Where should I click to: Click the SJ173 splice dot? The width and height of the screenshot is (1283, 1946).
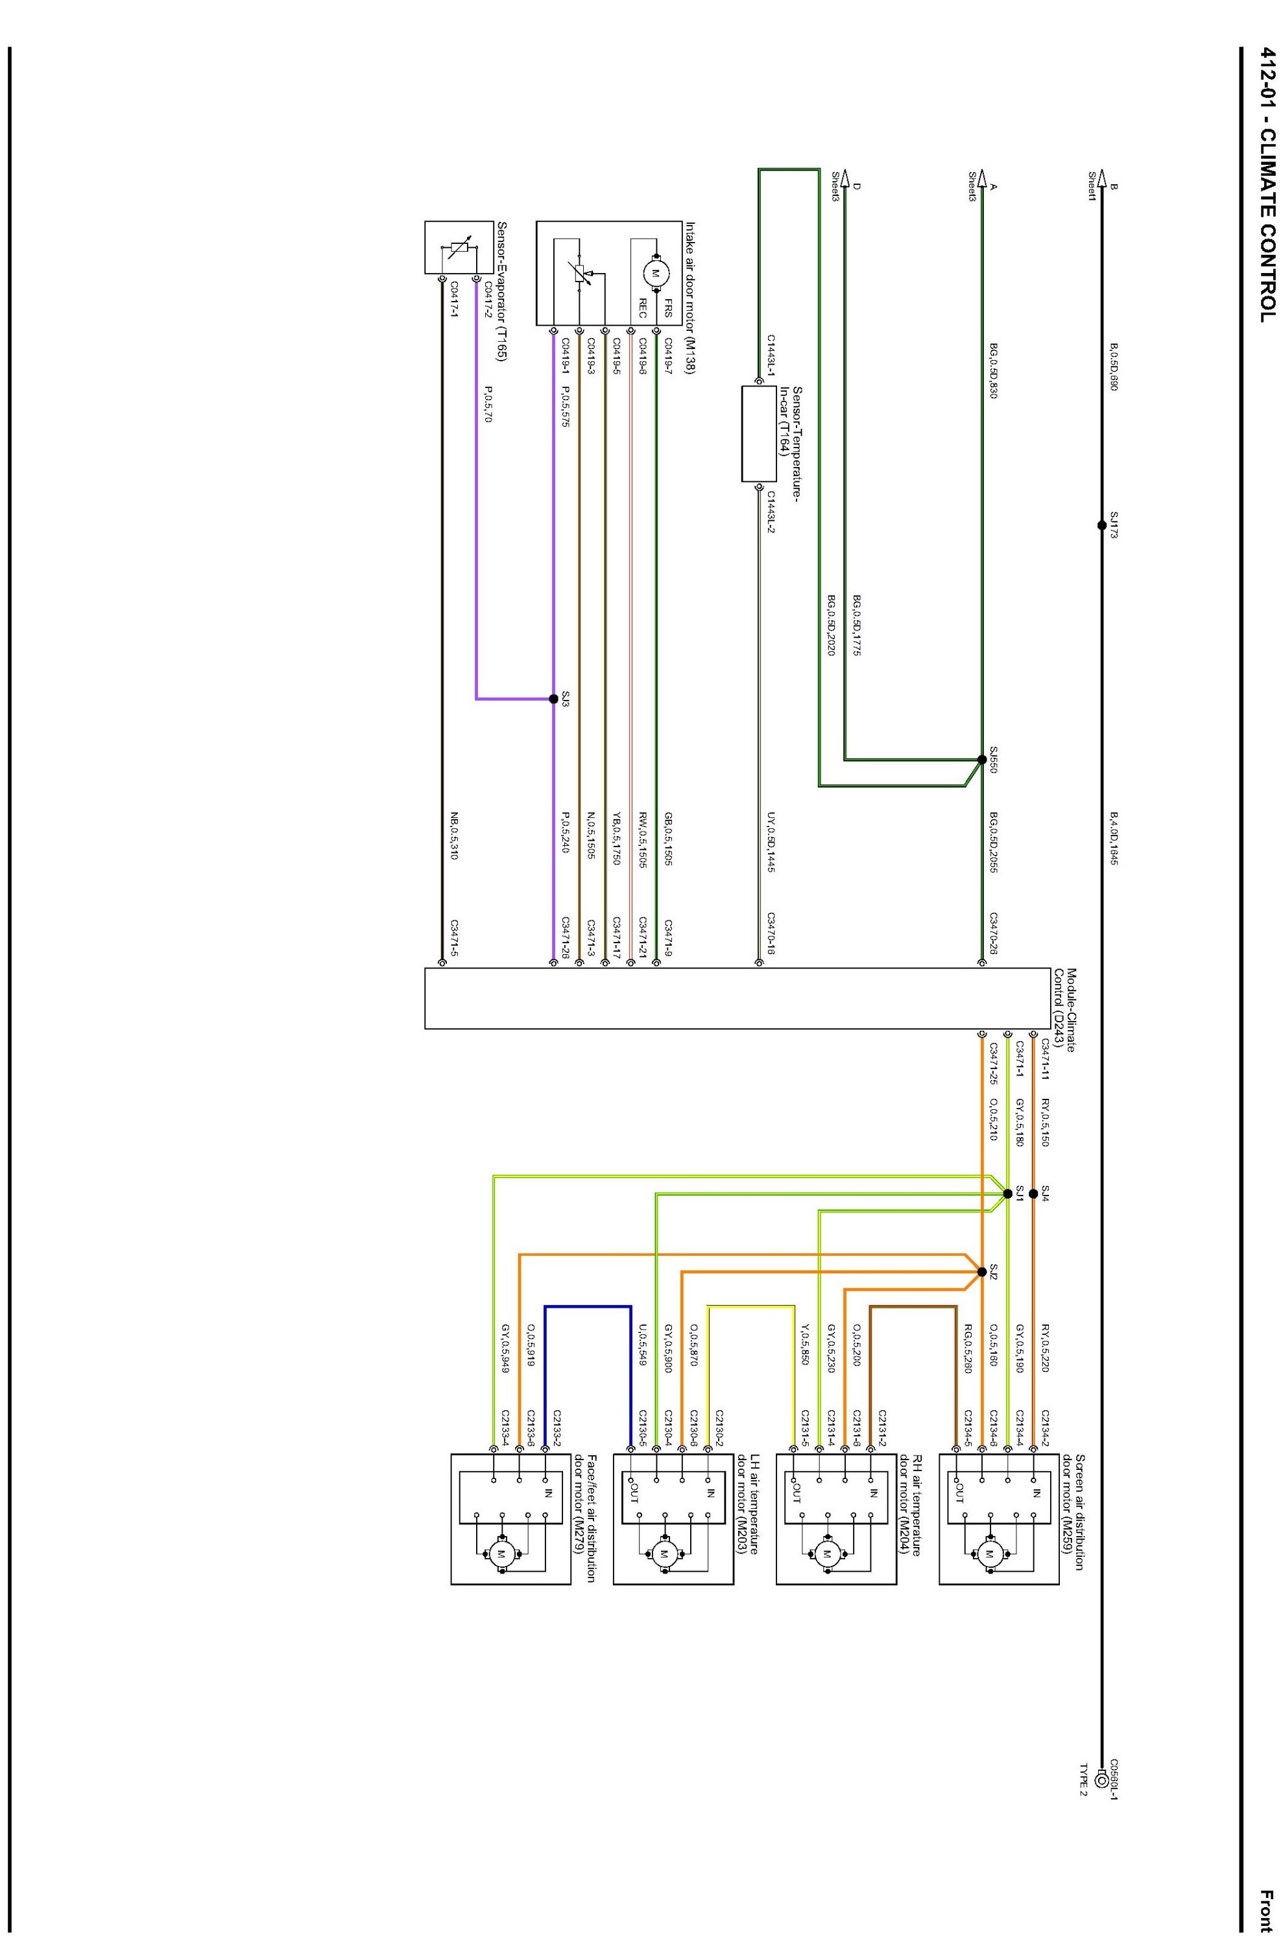pyautogui.click(x=1101, y=525)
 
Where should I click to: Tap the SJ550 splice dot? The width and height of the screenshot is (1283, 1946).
pyautogui.click(x=982, y=760)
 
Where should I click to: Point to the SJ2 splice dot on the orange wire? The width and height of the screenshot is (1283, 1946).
pyautogui.click(x=982, y=1271)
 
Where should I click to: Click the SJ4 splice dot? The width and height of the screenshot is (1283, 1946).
pyautogui.click(x=1033, y=1193)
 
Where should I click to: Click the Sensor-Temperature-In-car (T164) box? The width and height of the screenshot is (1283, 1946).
pyautogui.click(x=758, y=434)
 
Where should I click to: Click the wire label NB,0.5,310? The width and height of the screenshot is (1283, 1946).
pyautogui.click(x=454, y=835)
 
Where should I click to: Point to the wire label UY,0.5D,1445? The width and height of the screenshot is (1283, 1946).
pyautogui.click(x=770, y=843)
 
